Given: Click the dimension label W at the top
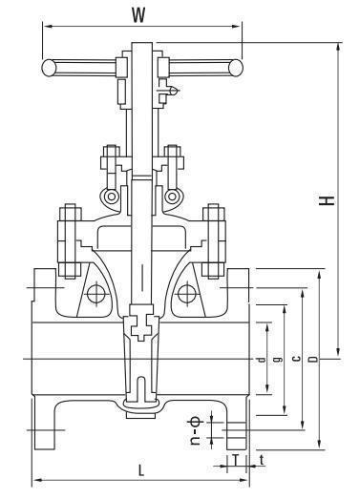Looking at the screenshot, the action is [x=138, y=15].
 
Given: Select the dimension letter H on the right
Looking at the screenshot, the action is [x=328, y=200].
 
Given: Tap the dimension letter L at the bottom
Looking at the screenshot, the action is [x=140, y=469].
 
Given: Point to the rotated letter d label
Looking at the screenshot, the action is [x=261, y=360].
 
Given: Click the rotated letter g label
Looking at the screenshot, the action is [x=279, y=360].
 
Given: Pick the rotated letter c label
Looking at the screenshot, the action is [x=296, y=359].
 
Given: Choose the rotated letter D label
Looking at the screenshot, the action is [x=314, y=359].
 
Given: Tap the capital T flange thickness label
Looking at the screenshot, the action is [x=235, y=460].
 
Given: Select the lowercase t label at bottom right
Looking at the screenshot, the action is [x=262, y=460].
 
